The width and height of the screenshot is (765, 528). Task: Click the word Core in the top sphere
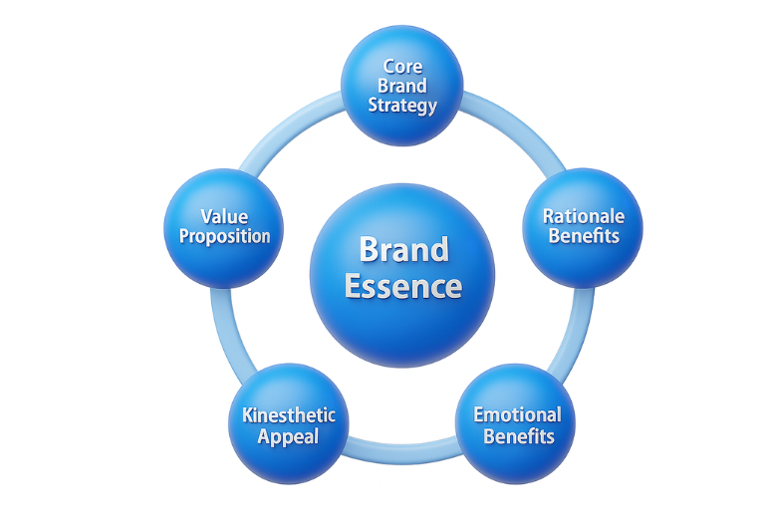[402, 67]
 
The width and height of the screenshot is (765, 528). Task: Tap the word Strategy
[402, 105]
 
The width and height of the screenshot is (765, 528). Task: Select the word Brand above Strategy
[402, 86]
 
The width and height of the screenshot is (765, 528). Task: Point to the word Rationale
[584, 216]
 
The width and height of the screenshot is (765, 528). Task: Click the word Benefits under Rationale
[584, 236]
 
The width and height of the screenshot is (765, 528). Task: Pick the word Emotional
[517, 414]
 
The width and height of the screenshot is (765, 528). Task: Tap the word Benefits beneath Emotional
[517, 436]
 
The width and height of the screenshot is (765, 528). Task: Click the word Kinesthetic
[289, 414]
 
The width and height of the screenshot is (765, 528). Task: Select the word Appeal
[289, 436]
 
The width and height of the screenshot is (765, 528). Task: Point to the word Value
[224, 216]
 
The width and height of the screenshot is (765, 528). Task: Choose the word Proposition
[224, 237]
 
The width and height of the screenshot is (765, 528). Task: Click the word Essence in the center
[403, 287]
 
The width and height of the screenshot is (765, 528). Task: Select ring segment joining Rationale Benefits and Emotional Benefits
[575, 329]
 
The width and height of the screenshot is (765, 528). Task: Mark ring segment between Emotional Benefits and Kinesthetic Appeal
[402, 454]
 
